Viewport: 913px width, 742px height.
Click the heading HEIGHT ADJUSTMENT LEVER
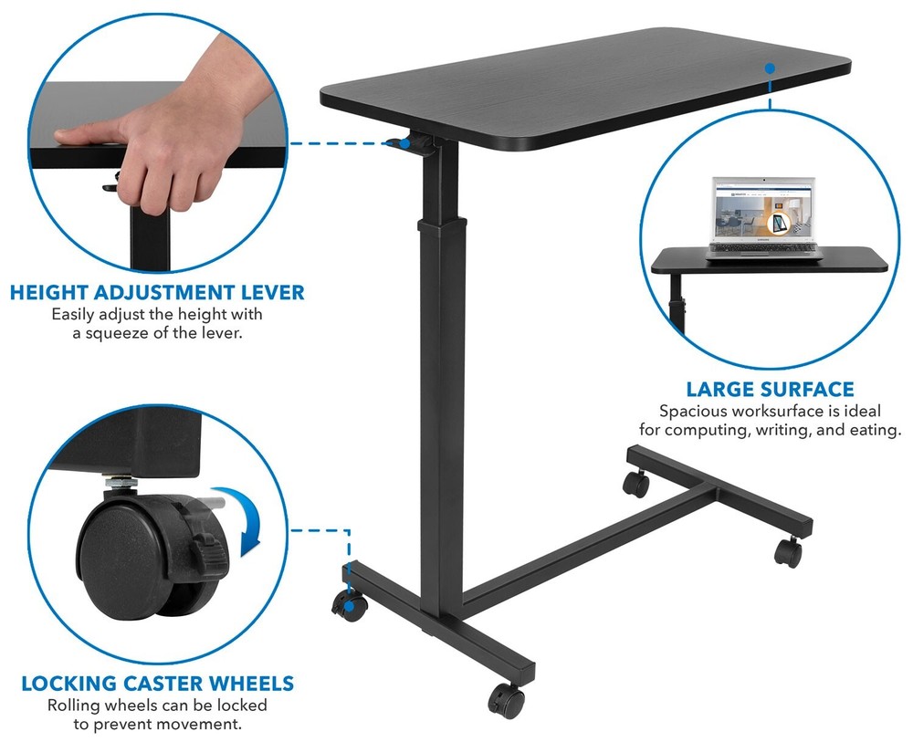[156, 293]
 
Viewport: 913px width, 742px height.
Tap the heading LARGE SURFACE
[771, 389]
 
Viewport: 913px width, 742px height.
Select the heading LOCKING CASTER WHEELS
[157, 683]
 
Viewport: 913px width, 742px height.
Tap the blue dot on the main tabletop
[770, 68]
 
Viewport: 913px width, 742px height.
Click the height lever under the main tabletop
[400, 142]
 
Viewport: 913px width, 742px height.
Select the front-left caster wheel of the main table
[348, 604]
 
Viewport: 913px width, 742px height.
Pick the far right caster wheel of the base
[788, 551]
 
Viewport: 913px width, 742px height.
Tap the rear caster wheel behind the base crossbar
[636, 483]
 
